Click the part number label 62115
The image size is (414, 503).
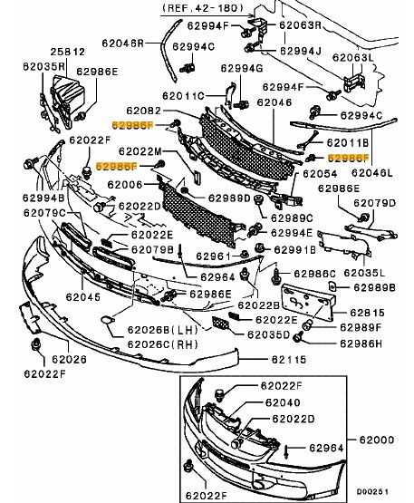289,360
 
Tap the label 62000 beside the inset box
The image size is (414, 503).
377,440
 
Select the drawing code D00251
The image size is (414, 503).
372,492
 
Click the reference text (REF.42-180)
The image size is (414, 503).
203,7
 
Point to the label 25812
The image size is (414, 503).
68,52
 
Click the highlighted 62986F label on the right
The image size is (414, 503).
348,158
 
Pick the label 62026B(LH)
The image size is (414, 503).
162,330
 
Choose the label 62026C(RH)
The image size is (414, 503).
162,344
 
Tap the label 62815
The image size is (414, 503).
368,313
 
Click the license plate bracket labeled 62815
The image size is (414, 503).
308,302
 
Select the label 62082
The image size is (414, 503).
143,111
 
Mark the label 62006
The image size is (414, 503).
124,185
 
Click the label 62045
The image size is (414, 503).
83,297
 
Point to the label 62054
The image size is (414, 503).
320,174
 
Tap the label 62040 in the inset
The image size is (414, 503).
283,402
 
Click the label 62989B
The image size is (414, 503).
374,287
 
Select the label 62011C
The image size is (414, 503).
183,95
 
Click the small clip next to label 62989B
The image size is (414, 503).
332,285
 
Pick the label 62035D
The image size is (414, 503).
268,335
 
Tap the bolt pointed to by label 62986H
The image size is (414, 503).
298,337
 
